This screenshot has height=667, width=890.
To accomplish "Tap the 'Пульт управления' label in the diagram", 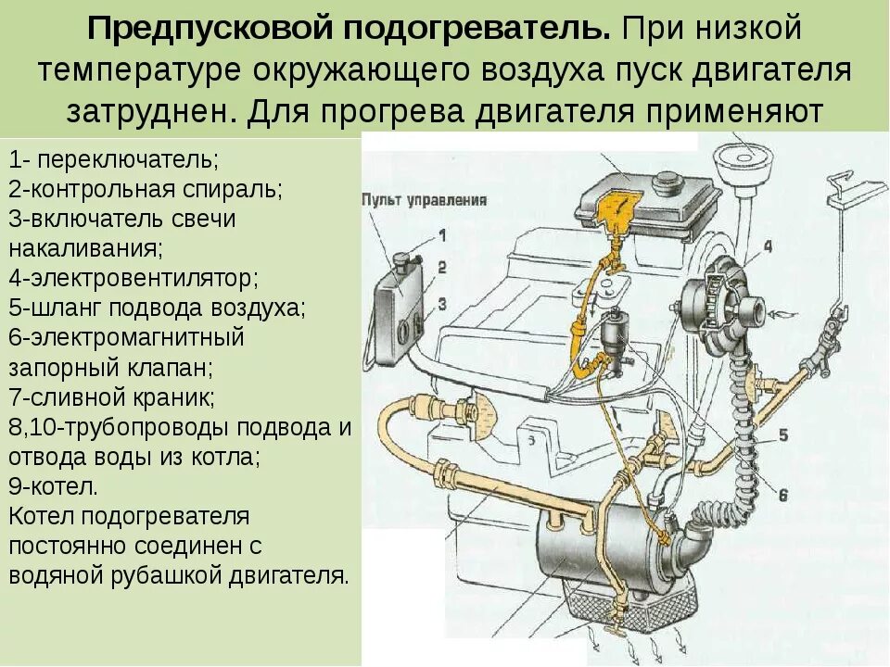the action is [x=424, y=200].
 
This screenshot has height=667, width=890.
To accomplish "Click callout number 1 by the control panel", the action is [x=442, y=234].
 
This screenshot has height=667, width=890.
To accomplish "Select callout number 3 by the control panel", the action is [x=442, y=303].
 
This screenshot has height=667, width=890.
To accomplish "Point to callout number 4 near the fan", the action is [x=767, y=246].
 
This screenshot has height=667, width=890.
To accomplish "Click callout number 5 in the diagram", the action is [x=782, y=435].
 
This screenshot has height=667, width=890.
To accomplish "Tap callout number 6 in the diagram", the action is [x=782, y=496].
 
